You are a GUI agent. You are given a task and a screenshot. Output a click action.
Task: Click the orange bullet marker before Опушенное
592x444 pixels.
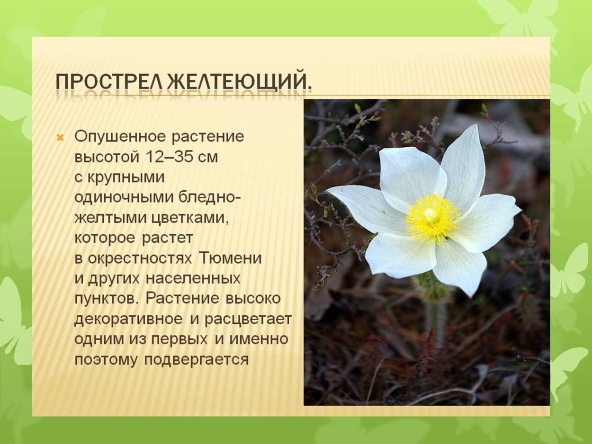tap(60, 138)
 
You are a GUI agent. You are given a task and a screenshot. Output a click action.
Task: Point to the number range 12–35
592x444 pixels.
tap(168, 157)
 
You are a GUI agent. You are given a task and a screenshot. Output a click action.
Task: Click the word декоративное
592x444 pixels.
tap(128, 319)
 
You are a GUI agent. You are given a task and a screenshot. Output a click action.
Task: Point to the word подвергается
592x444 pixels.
tap(197, 360)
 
